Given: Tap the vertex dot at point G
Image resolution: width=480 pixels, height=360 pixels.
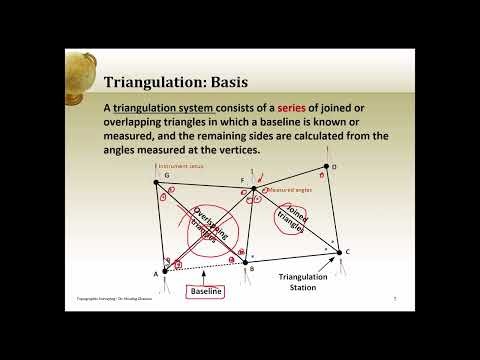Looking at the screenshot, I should coord(155,182).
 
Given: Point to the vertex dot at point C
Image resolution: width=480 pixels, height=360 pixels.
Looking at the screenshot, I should coord(338,252).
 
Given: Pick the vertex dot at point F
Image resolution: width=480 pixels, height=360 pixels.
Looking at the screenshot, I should coord(254,187).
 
